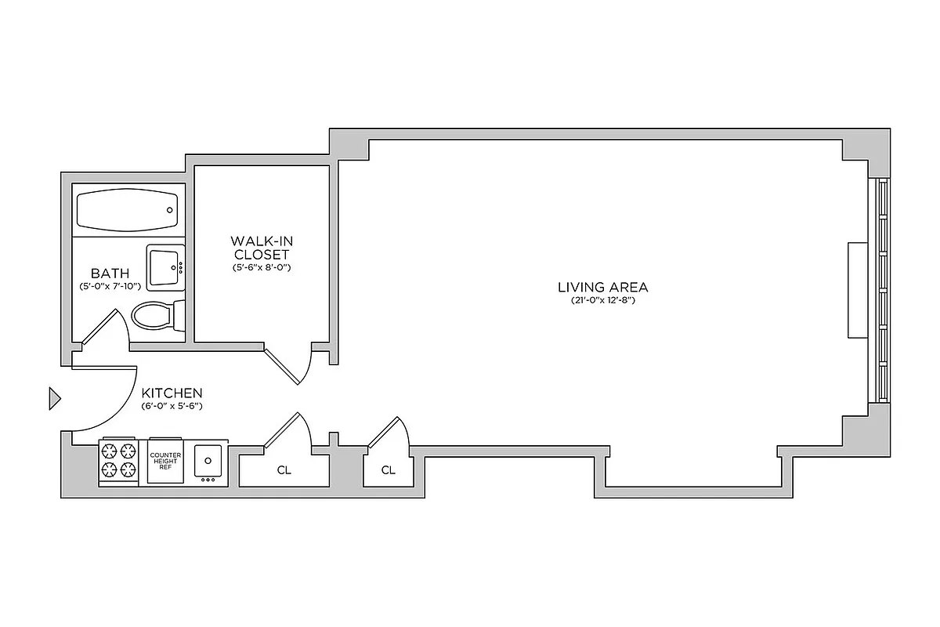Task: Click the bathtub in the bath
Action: [127, 209]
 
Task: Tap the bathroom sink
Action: [164, 266]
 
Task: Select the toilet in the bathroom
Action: [157, 316]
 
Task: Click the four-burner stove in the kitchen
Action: [118, 461]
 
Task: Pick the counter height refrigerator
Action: [164, 461]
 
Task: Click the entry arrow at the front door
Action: [54, 398]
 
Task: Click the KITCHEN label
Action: [172, 393]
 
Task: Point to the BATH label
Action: [110, 274]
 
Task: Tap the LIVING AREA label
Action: [602, 287]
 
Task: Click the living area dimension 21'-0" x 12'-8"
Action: [602, 301]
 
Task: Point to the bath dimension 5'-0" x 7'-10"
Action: [110, 287]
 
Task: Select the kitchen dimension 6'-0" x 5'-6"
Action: [172, 407]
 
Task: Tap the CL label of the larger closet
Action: [284, 471]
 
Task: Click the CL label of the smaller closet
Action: [388, 470]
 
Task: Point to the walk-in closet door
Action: [287, 364]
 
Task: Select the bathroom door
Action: [100, 328]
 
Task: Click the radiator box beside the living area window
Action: [857, 290]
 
